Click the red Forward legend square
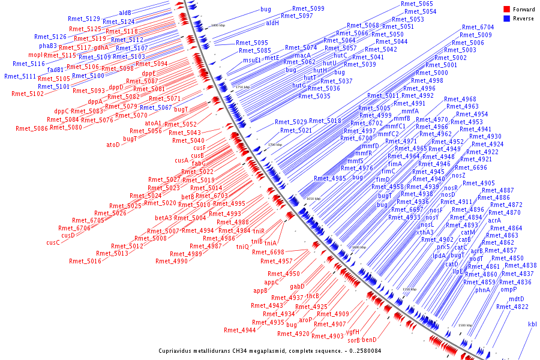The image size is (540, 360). point(506,10)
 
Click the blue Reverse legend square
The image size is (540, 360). point(506,18)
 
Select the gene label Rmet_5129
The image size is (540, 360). point(84,19)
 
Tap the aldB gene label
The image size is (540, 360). point(125,12)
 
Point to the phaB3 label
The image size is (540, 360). point(48,46)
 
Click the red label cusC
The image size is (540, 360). point(53,242)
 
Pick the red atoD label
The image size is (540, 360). point(113,145)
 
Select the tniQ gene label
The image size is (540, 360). point(242,247)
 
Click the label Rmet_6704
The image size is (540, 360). point(478,27)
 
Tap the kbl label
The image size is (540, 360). point(532,324)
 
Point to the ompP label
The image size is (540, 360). point(509,289)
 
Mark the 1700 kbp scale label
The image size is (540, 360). point(275,145)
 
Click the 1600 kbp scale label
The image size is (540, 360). point(358,247)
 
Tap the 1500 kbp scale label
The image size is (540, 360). point(465,325)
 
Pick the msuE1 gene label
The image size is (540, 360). point(251,60)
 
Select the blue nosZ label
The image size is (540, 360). point(458,175)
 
